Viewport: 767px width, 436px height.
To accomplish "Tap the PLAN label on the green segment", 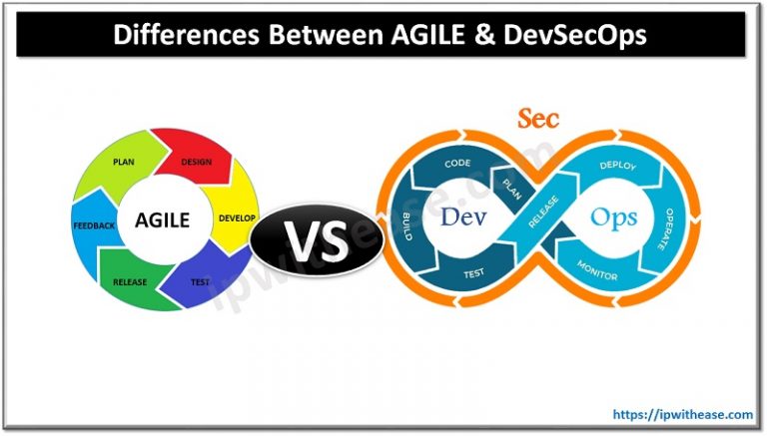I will pyautogui.click(x=125, y=160).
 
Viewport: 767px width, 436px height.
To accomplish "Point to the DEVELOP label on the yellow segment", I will pyautogui.click(x=238, y=218).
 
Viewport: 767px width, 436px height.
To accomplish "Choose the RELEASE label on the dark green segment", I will pyautogui.click(x=130, y=281).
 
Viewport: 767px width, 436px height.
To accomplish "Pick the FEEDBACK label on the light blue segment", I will pyautogui.click(x=94, y=225).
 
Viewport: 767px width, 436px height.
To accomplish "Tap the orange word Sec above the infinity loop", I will pyautogui.click(x=537, y=119).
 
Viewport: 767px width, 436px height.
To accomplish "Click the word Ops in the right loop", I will pyautogui.click(x=612, y=216).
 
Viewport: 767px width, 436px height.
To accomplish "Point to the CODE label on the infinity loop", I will pyautogui.click(x=457, y=163).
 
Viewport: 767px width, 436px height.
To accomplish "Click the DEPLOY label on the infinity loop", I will pyautogui.click(x=617, y=166).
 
